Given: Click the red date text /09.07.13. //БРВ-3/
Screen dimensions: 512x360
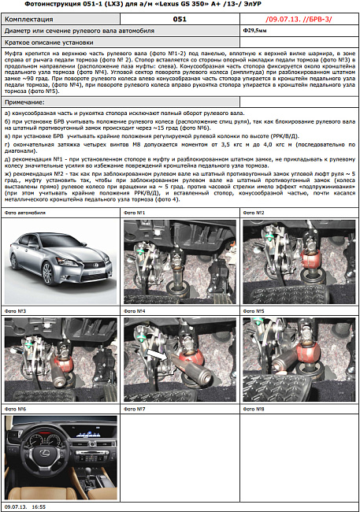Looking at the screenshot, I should pos(298,17).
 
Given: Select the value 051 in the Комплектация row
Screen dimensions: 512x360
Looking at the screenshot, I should pos(180,17).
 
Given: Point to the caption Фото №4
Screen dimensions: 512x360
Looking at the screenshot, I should pos(136,311).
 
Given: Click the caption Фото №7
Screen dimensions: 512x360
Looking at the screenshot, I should pos(136,410).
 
